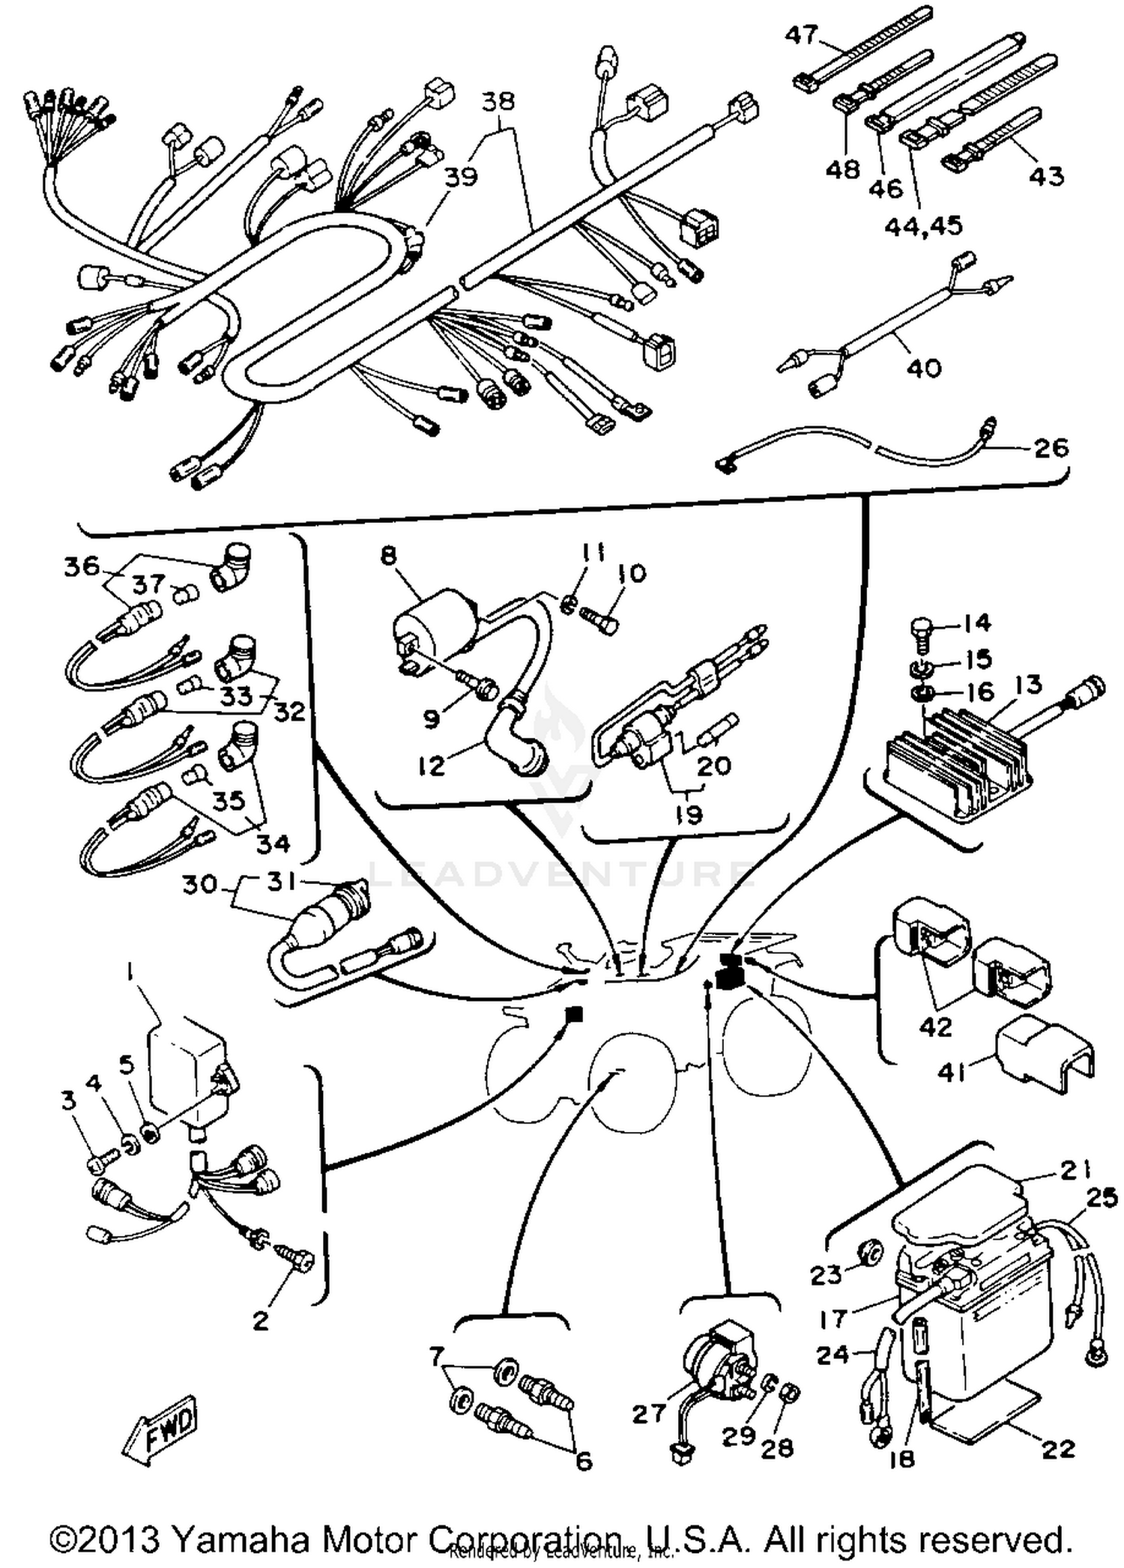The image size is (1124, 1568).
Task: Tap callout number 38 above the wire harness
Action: [498, 101]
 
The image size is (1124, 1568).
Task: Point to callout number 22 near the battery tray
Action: [1058, 1449]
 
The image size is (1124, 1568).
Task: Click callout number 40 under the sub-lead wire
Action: [923, 368]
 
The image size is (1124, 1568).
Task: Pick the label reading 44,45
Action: [923, 225]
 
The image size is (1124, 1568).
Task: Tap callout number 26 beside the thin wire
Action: [1051, 448]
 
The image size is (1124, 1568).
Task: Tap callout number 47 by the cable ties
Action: [801, 34]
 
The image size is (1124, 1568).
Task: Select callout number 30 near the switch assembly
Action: [199, 885]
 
